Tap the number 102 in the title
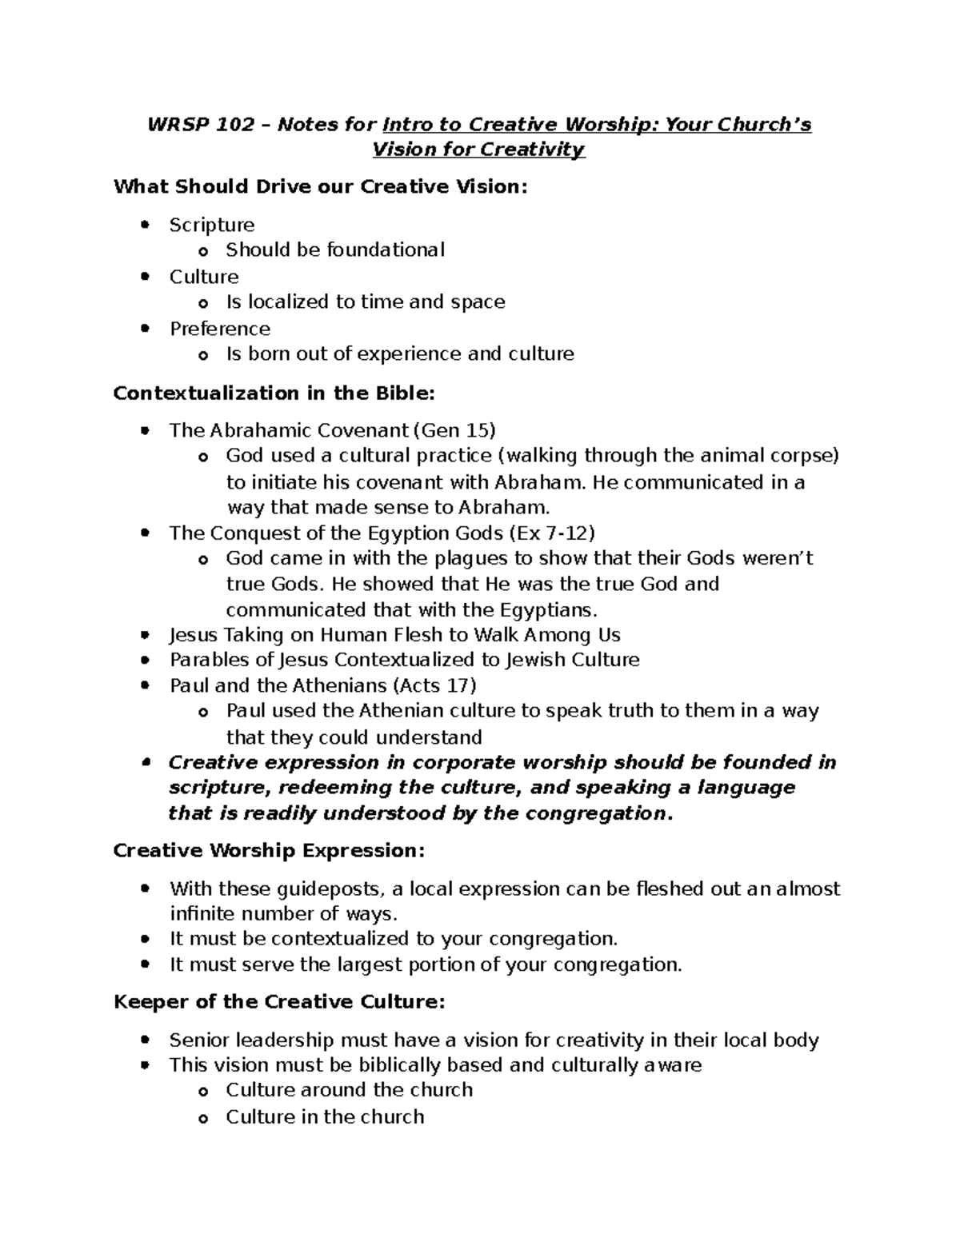coord(236,125)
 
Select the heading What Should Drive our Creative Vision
coord(321,187)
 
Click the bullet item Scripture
coord(212,226)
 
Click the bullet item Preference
coord(220,329)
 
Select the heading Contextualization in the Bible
coord(274,393)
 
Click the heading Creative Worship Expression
coord(269,851)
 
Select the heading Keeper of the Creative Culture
coord(279,1003)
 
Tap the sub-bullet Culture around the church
coord(349,1090)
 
